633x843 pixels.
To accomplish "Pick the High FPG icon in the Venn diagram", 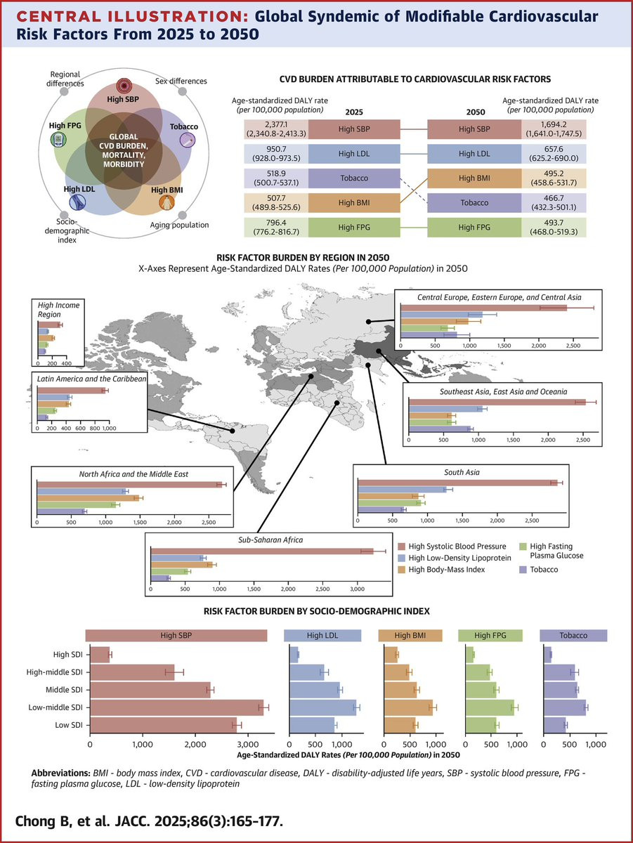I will pos(58,139).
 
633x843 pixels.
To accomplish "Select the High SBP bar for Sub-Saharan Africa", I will pos(262,551).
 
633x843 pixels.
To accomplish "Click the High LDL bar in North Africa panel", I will pos(81,490).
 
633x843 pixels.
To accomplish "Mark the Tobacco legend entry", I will pos(544,569).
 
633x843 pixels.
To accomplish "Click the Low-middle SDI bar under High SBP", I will pos(176,707).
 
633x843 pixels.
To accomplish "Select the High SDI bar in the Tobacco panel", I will pos(548,654).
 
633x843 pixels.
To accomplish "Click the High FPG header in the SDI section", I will pos(489,635).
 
